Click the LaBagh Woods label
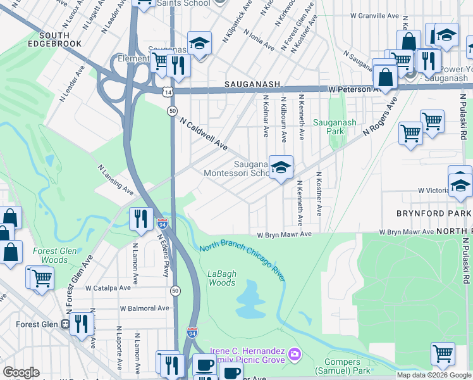point(222,278)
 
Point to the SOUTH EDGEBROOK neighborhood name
point(61,39)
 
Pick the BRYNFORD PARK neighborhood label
point(434,213)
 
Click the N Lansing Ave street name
point(115,180)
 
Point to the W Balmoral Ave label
point(145,308)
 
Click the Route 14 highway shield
point(166,92)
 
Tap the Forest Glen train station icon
point(65,324)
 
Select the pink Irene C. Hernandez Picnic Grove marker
point(293,353)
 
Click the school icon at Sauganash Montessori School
point(281,168)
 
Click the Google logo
point(21,372)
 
